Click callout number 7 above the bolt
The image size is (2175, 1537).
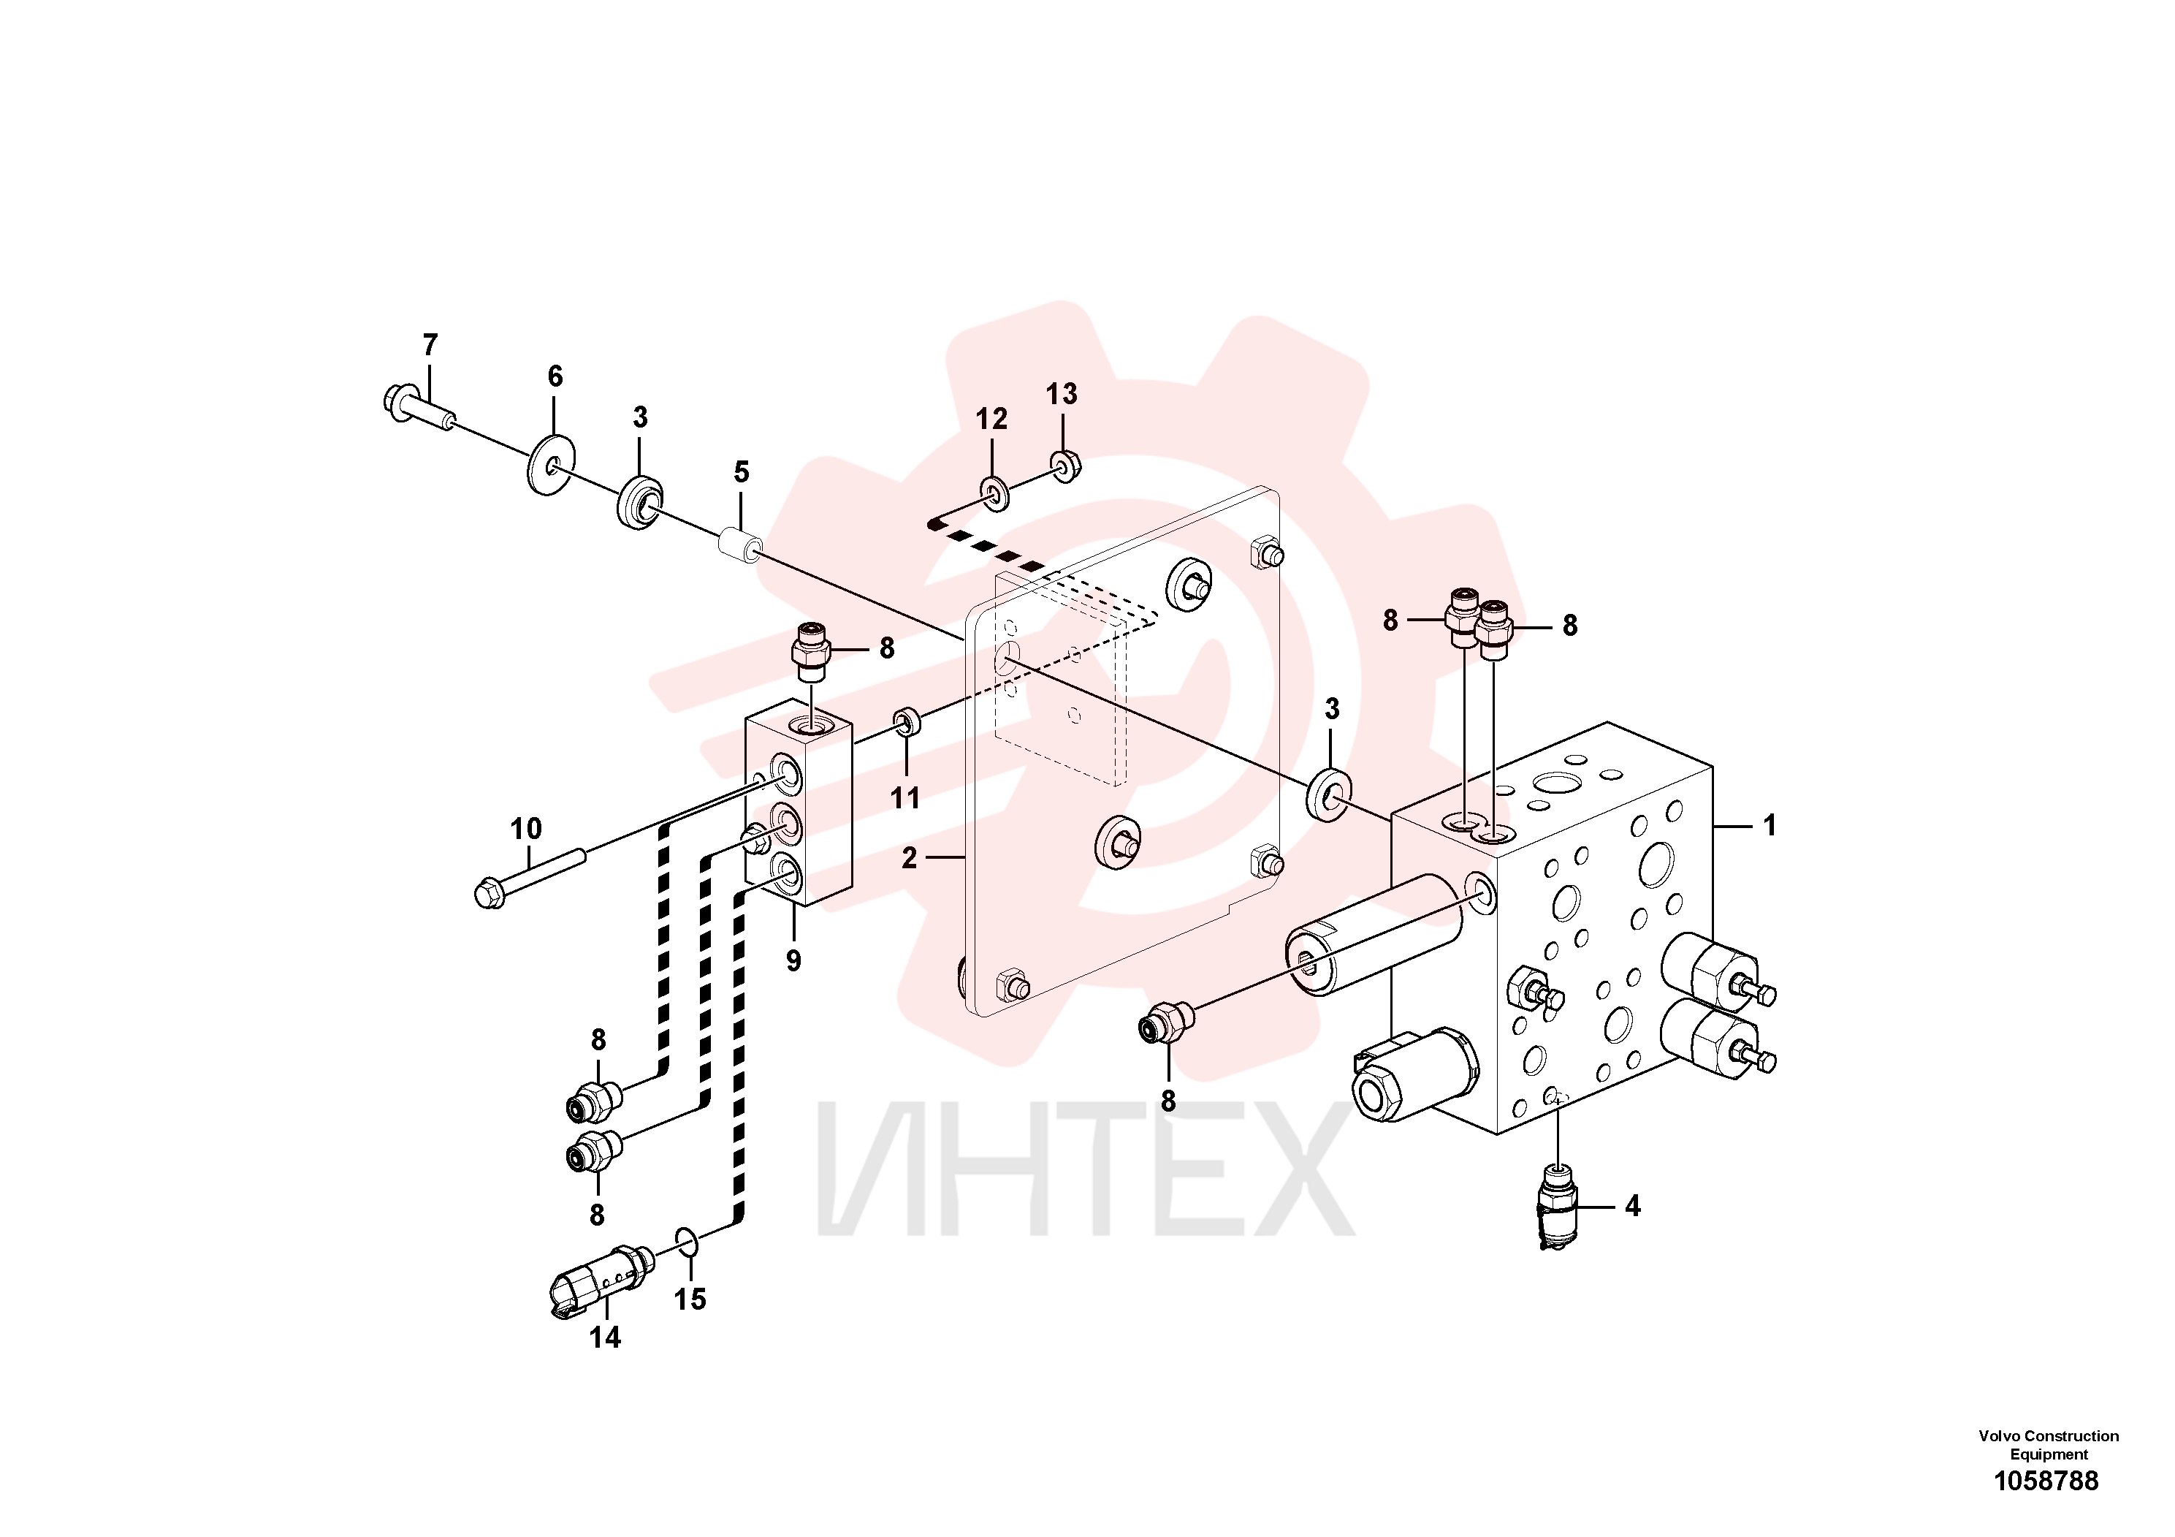coord(430,345)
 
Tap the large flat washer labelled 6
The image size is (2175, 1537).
coord(549,463)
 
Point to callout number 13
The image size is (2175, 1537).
coord(1061,394)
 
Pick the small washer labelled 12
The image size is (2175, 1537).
coord(993,495)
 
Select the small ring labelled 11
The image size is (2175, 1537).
coord(907,724)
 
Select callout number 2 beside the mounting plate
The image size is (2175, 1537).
coord(910,859)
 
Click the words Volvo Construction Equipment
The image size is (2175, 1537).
coord(2048,1445)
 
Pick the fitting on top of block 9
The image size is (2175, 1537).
coord(810,651)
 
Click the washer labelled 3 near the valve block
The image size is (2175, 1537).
coord(1330,795)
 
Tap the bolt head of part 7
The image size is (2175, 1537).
coord(396,401)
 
